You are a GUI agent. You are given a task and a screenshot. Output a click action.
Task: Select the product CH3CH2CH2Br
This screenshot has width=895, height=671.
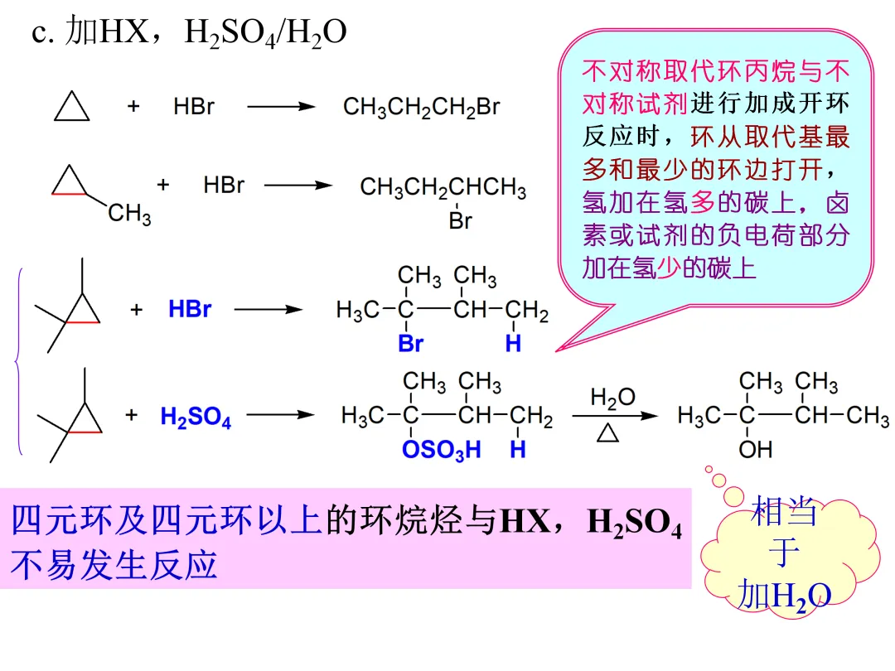point(421,107)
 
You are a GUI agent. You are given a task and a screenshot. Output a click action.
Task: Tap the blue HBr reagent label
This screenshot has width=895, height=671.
point(190,310)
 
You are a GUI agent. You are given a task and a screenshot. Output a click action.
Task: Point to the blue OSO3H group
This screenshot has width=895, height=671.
point(441,450)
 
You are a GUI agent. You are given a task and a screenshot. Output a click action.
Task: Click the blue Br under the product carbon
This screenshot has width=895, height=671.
point(410,344)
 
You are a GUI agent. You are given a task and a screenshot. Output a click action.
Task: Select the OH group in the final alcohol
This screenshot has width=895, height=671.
point(755,450)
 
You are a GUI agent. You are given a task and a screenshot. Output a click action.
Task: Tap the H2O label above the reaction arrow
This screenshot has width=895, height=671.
point(612,398)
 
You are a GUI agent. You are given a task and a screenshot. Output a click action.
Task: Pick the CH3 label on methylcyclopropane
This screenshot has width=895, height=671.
point(129,215)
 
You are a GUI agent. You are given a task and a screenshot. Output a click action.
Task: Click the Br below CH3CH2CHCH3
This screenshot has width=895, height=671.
point(460,220)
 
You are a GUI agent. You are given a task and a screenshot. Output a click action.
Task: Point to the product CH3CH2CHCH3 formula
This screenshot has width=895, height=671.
point(443,188)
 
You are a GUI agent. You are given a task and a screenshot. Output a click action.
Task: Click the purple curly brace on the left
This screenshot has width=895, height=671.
point(18,361)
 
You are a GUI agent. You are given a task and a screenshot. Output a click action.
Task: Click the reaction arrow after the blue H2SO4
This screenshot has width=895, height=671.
point(281,416)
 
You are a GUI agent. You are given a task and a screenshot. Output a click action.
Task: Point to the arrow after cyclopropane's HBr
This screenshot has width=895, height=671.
point(282,107)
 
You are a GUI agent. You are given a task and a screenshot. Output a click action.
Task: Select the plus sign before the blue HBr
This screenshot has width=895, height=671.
point(137,310)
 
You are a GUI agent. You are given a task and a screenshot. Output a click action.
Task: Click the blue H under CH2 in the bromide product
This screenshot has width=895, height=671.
point(514,344)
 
